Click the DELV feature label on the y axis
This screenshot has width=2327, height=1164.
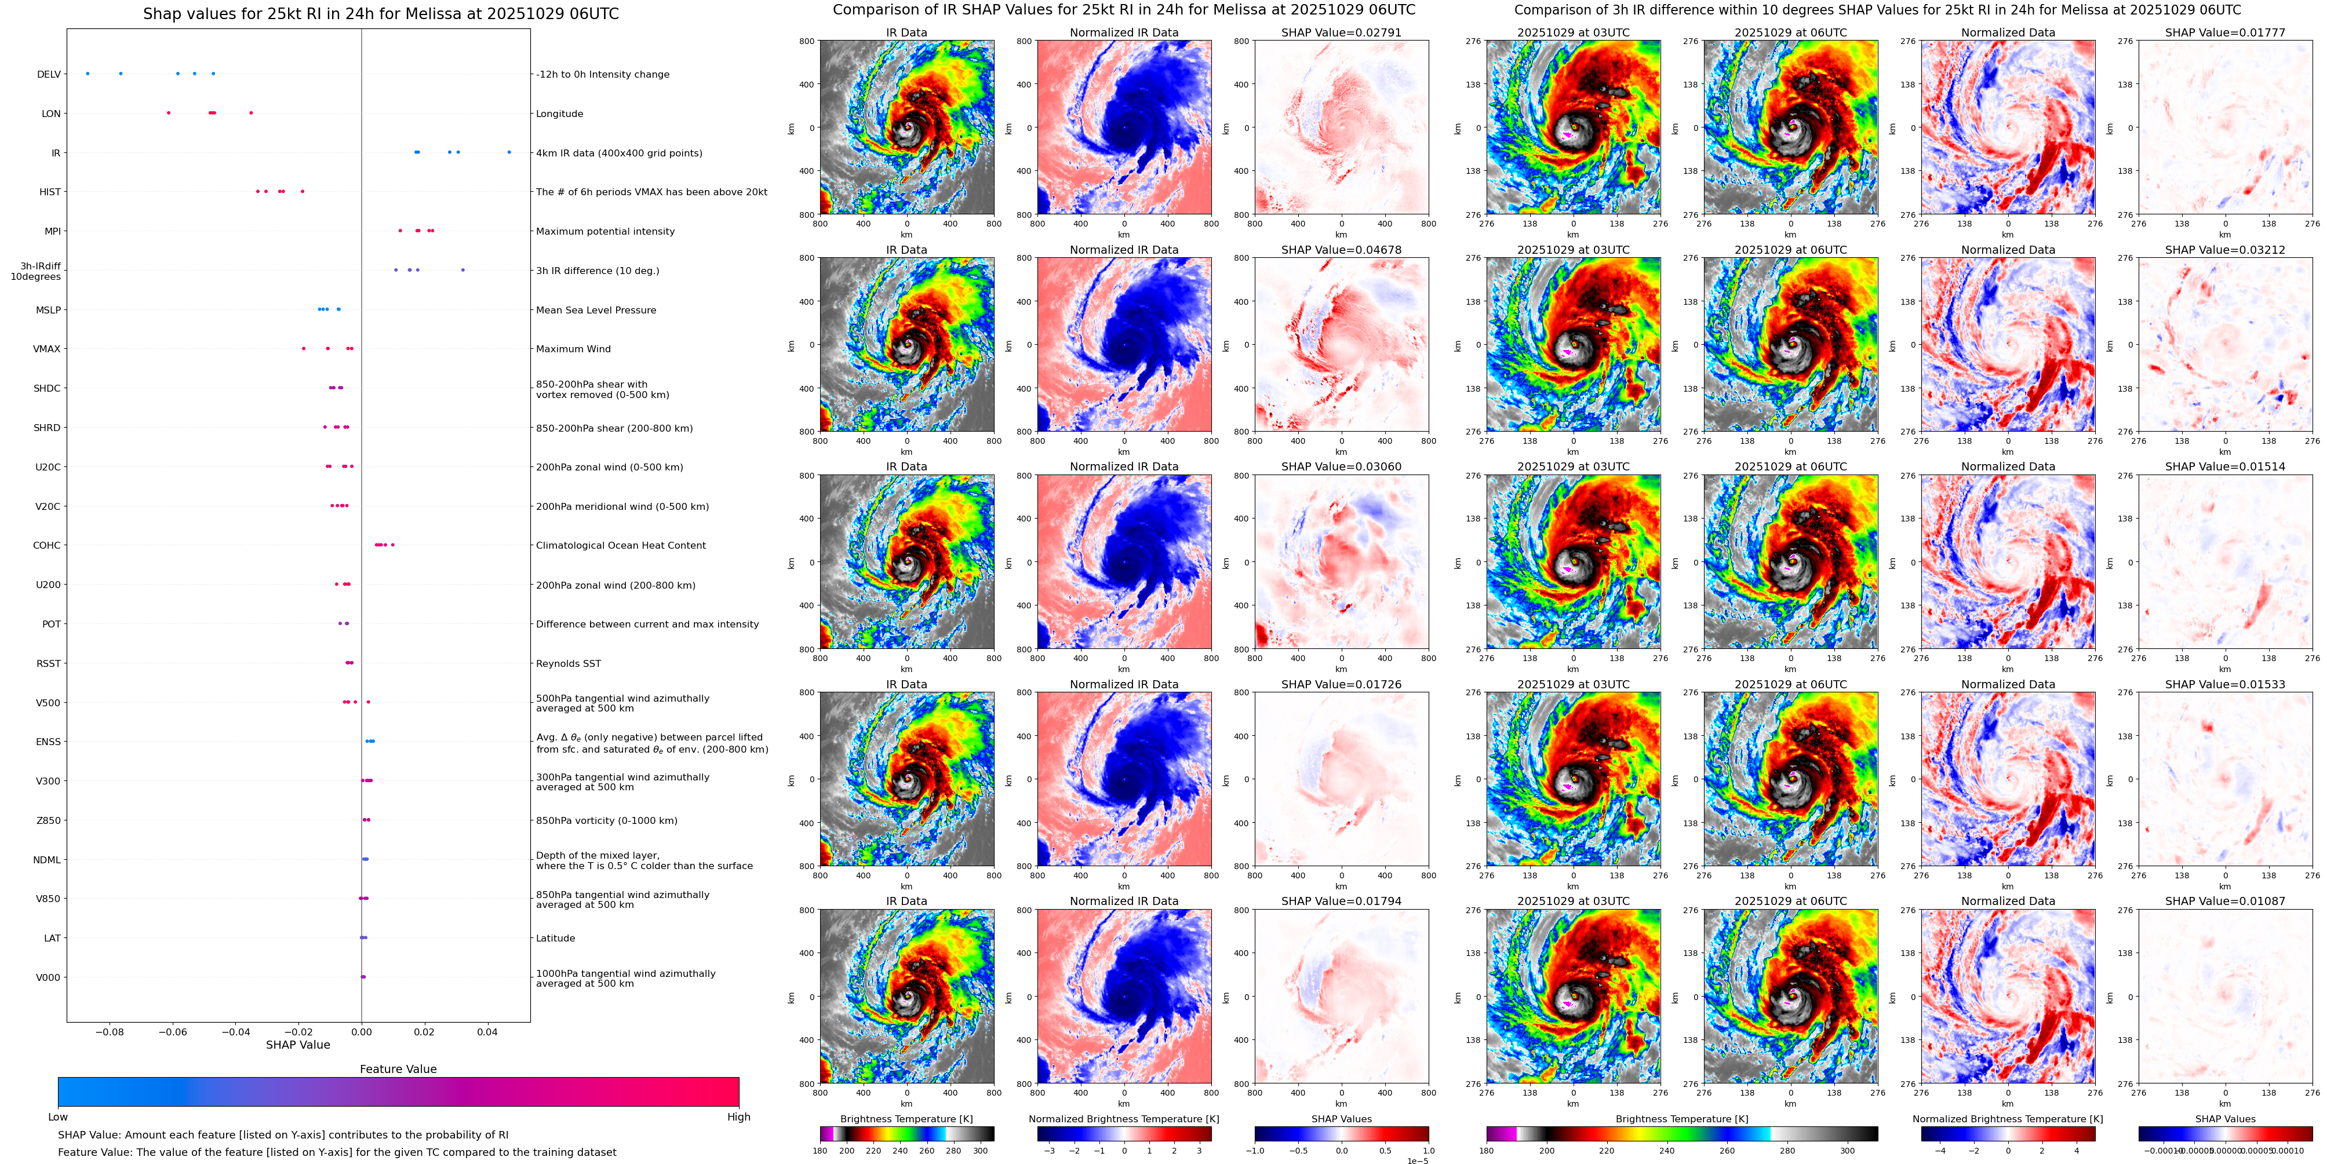pyautogui.click(x=49, y=74)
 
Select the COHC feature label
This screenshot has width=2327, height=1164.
pyautogui.click(x=47, y=545)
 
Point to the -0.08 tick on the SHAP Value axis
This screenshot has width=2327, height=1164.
pyautogui.click(x=110, y=1031)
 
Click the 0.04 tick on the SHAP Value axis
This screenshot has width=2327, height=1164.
pyautogui.click(x=487, y=1031)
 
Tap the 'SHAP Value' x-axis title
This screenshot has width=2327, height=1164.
pyautogui.click(x=297, y=1045)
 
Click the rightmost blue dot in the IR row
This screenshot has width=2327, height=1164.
pyautogui.click(x=509, y=152)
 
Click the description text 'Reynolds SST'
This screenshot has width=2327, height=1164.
pyautogui.click(x=568, y=664)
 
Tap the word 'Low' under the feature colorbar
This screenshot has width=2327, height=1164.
pyautogui.click(x=58, y=1117)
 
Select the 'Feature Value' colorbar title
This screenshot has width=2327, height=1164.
pyautogui.click(x=398, y=1069)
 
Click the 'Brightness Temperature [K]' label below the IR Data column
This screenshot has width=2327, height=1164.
pyautogui.click(x=906, y=1119)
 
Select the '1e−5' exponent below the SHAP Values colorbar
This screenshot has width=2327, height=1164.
pyautogui.click(x=1417, y=1161)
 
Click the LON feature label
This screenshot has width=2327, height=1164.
pyautogui.click(x=52, y=114)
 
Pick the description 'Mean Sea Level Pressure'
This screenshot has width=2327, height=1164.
pyautogui.click(x=596, y=310)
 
